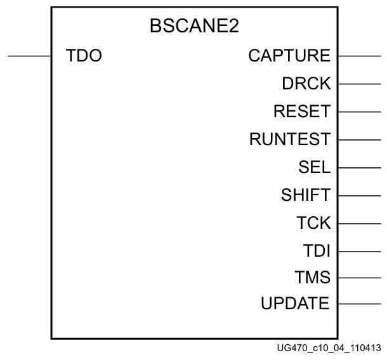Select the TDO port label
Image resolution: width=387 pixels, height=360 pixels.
(x=84, y=56)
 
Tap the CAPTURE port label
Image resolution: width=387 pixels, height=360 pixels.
(x=289, y=56)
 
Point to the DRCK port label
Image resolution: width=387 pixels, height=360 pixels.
(x=306, y=84)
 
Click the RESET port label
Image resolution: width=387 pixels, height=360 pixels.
(x=302, y=112)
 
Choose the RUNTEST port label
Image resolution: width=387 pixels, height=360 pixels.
(x=290, y=139)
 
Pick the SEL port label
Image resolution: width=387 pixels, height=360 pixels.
(x=315, y=167)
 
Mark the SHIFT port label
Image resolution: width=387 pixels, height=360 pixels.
(x=306, y=195)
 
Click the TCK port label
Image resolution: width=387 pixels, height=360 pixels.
(x=313, y=223)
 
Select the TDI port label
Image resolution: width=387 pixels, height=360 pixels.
(x=317, y=251)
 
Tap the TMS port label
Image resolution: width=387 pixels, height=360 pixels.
(x=313, y=278)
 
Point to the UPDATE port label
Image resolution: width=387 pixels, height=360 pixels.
(x=295, y=304)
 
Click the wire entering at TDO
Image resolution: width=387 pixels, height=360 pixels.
(x=29, y=56)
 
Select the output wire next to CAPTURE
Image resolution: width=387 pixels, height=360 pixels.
(x=359, y=56)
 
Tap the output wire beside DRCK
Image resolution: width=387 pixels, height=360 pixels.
(x=359, y=84)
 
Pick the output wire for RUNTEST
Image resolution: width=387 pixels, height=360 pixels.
(x=359, y=139)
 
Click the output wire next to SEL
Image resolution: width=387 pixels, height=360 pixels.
(x=359, y=168)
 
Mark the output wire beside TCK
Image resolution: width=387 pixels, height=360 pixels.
(x=359, y=224)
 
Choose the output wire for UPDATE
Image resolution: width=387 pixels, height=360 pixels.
(x=359, y=304)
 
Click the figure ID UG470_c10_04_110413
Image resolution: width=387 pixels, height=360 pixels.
(x=329, y=349)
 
